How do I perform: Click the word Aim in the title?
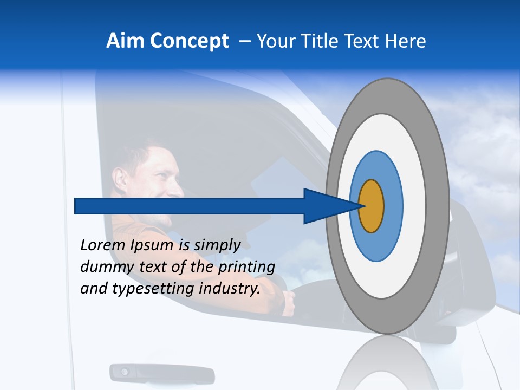coord(122,41)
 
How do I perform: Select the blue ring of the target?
coord(393,206)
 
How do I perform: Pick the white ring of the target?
coord(414,206)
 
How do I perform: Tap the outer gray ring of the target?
coord(440,206)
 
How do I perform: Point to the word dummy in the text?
coord(103,268)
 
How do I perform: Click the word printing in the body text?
coord(246,268)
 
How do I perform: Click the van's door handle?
coord(161,373)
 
